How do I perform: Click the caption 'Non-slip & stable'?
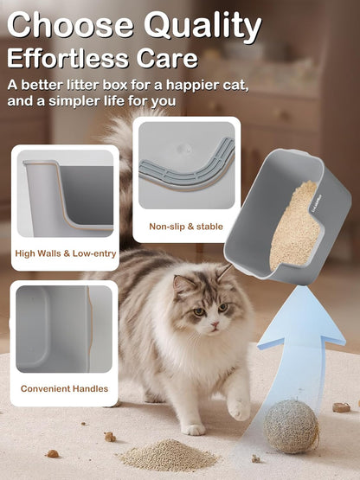(186, 227)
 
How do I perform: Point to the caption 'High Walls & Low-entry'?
(65, 254)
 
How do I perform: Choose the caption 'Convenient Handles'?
(64, 389)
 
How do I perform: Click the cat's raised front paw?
(238, 407)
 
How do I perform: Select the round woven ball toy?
(291, 426)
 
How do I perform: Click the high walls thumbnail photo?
(65, 194)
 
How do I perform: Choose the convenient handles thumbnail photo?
(64, 330)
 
